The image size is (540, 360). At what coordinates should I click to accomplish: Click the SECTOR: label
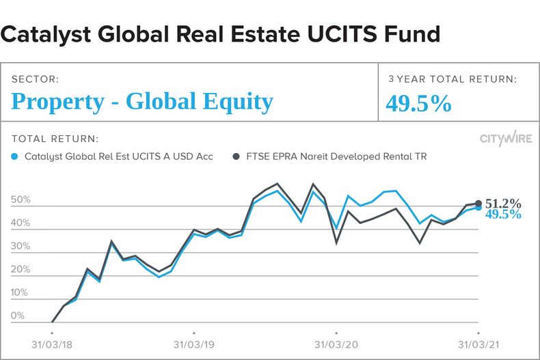35,79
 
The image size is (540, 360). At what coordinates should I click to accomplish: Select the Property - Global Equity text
142,102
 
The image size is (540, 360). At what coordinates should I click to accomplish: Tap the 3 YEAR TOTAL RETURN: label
453,79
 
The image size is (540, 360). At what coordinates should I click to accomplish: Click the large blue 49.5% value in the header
419,103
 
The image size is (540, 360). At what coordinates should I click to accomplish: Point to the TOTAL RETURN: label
55,138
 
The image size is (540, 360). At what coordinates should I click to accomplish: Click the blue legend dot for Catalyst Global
16,156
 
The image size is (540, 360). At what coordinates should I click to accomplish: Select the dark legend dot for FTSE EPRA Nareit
237,156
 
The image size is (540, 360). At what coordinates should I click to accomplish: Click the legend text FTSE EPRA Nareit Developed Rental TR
336,156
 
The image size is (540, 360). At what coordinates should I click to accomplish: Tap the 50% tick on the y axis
21,200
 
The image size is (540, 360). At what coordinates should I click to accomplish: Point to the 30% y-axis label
21,247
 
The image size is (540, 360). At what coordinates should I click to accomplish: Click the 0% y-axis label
18,316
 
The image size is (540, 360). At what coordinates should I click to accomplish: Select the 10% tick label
21,293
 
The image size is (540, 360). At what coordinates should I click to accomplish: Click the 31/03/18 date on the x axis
53,346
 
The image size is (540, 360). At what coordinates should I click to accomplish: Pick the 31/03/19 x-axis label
194,346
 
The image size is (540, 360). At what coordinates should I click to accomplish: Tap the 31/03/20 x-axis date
336,346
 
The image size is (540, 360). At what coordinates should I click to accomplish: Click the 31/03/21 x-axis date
477,346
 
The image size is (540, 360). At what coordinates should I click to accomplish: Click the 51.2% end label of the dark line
503,204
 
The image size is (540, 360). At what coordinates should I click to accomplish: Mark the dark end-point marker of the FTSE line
478,204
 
